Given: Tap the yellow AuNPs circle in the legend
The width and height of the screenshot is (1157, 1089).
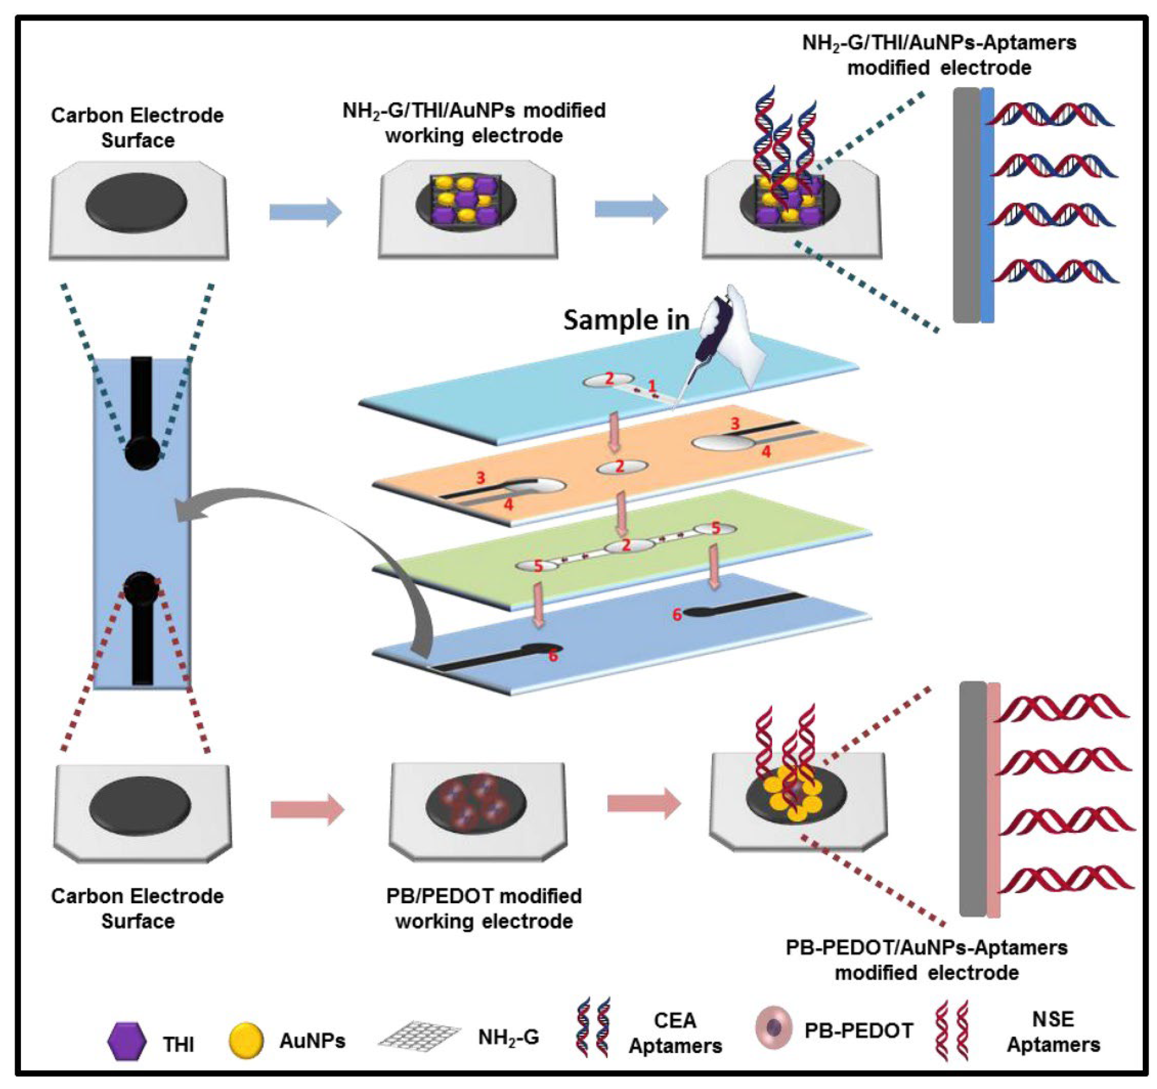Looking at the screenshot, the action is click(246, 1041).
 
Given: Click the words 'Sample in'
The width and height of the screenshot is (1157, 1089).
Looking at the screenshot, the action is click(626, 320).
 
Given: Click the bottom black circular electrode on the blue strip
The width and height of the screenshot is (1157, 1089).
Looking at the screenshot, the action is click(142, 589).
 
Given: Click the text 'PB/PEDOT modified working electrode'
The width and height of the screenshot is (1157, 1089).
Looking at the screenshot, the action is click(484, 909).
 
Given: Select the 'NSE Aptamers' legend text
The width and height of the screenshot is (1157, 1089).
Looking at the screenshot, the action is click(1053, 1032).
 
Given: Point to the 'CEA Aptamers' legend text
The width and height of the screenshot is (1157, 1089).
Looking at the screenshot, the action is click(675, 1033).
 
